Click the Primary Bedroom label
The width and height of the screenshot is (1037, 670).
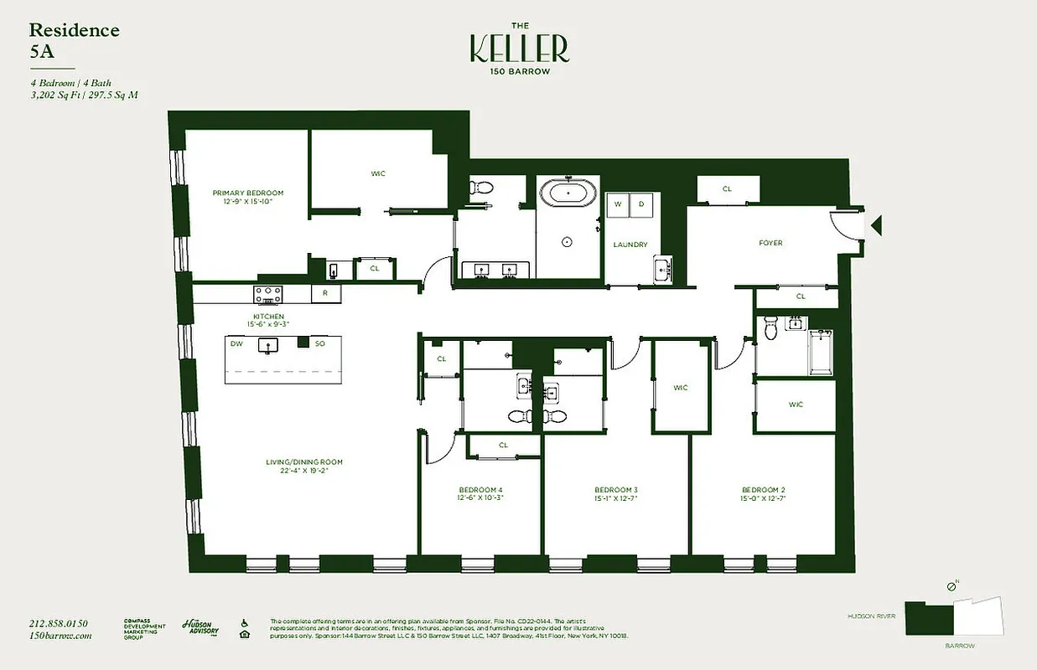(x=247, y=193)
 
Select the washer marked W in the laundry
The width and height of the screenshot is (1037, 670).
(x=619, y=204)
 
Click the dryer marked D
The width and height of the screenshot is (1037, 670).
(x=642, y=204)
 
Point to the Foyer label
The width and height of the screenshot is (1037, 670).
(x=770, y=243)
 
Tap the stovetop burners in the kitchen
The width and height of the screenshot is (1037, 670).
(x=268, y=294)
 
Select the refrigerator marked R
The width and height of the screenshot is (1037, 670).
(x=325, y=294)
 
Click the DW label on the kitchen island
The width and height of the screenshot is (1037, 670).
(x=237, y=343)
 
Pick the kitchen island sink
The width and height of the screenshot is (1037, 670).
(x=269, y=344)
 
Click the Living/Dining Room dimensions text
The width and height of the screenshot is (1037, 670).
(x=304, y=471)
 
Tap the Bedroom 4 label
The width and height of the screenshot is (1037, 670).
(x=480, y=490)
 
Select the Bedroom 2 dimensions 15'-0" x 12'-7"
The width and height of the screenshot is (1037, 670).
(x=763, y=498)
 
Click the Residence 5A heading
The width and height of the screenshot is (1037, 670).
(x=74, y=39)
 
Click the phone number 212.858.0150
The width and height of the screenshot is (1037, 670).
(x=58, y=623)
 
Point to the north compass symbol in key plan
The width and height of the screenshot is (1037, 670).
(x=951, y=587)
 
